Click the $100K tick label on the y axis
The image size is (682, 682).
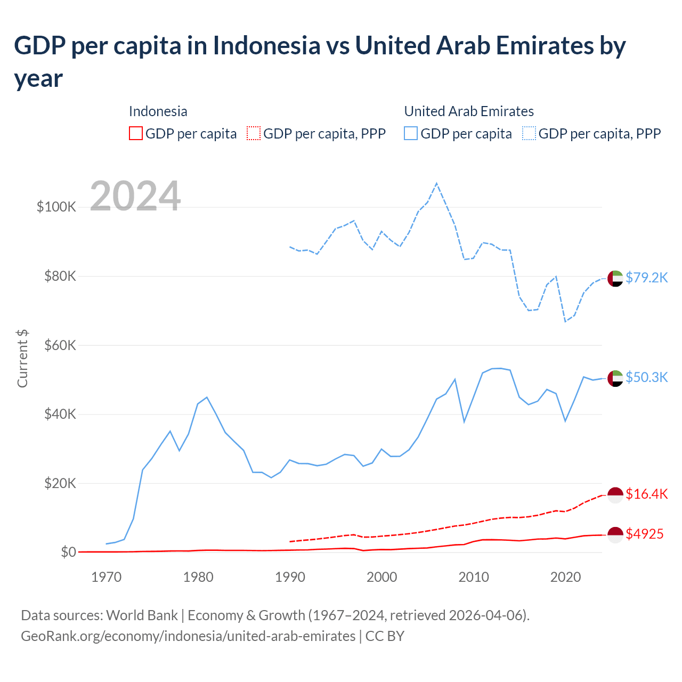(56, 207)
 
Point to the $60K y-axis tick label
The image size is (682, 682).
(60, 345)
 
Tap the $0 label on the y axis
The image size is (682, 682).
(68, 552)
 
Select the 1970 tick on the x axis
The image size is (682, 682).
(106, 577)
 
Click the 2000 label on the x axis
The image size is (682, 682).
(382, 577)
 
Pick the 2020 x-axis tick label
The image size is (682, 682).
(565, 577)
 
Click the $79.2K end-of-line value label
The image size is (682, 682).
(646, 278)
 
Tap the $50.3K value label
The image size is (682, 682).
(646, 377)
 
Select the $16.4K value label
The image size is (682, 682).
(646, 494)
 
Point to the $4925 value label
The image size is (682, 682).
(645, 534)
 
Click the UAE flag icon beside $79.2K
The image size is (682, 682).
(615, 278)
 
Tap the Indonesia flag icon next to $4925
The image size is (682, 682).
(615, 534)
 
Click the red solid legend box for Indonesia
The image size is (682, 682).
(136, 133)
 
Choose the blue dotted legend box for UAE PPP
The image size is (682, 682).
(529, 133)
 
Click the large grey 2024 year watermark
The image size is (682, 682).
(135, 196)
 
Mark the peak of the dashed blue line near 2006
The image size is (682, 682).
(437, 183)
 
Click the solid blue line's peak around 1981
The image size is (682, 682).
(207, 397)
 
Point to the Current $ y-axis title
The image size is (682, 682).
(22, 358)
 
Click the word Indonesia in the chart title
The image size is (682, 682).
(267, 45)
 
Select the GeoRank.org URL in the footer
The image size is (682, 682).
(188, 636)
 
